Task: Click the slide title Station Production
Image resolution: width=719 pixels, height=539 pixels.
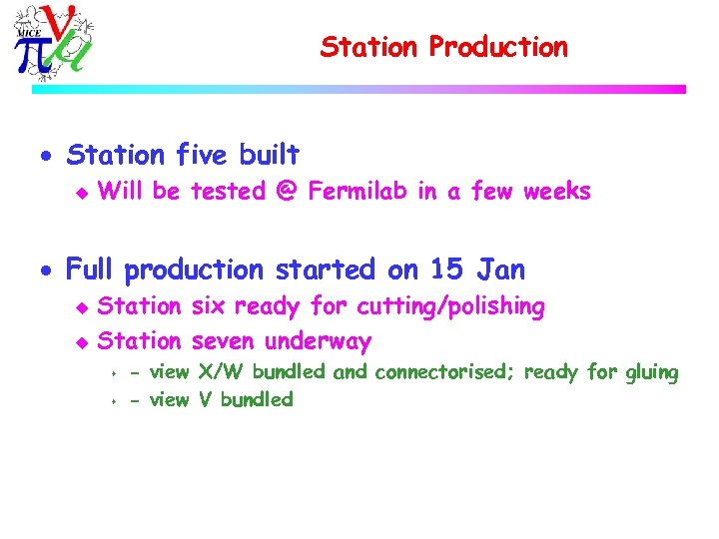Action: tap(443, 47)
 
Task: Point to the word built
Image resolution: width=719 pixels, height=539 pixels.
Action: tap(269, 155)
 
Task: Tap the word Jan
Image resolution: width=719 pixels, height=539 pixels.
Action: tap(500, 269)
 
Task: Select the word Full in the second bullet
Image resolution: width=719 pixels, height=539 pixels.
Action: tap(91, 269)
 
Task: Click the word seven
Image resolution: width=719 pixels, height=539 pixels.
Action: tap(224, 341)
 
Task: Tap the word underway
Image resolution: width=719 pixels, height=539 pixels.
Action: tap(318, 341)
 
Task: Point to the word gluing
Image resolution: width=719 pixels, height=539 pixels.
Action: tap(651, 373)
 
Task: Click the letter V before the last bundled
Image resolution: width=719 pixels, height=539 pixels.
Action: tap(205, 399)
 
